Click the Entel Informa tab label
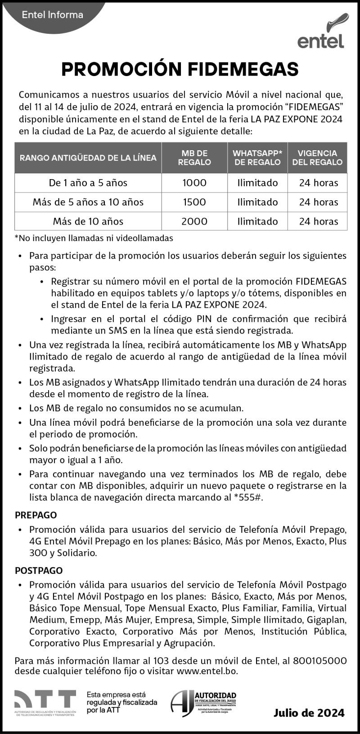pyautogui.click(x=53, y=14)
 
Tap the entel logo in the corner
pyautogui.click(x=322, y=33)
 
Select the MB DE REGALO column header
pyautogui.click(x=194, y=158)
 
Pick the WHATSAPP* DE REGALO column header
pyautogui.click(x=257, y=158)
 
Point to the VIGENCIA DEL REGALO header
pyautogui.click(x=317, y=158)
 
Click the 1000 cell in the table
pyautogui.click(x=194, y=183)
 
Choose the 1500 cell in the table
pyautogui.click(x=194, y=202)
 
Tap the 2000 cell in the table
pyautogui.click(x=194, y=221)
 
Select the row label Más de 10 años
pyautogui.click(x=88, y=221)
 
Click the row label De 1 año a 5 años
pyautogui.click(x=88, y=183)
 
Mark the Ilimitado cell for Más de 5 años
pyautogui.click(x=257, y=202)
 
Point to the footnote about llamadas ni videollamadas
pyautogui.click(x=94, y=238)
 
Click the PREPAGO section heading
pyautogui.click(x=36, y=515)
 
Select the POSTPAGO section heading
pyautogui.click(x=39, y=571)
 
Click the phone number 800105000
pyautogui.click(x=319, y=661)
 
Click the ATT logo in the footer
pyautogui.click(x=45, y=701)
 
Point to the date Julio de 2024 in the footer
pyautogui.click(x=309, y=713)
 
